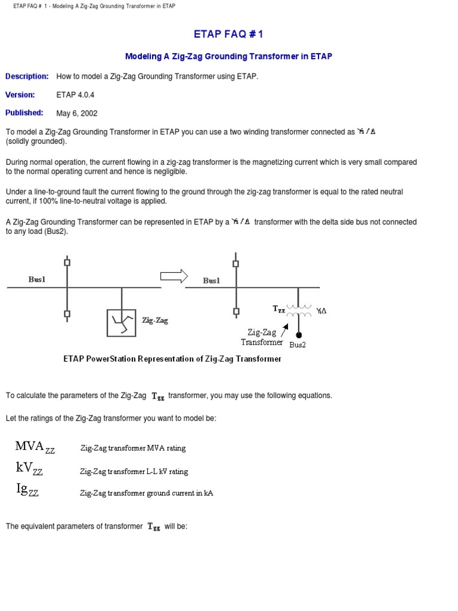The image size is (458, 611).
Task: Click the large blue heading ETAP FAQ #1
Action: (x=228, y=35)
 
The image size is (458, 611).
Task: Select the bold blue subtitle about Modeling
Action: (x=228, y=56)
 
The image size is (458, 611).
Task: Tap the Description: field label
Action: (x=27, y=76)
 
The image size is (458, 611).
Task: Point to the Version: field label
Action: (x=20, y=94)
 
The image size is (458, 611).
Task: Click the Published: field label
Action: (x=24, y=112)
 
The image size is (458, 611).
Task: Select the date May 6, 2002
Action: (x=77, y=113)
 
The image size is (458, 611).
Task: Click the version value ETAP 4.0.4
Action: (x=75, y=95)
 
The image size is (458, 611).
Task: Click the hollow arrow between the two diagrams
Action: (x=174, y=276)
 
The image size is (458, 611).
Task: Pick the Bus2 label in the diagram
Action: (x=298, y=345)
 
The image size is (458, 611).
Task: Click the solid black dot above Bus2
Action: (x=299, y=335)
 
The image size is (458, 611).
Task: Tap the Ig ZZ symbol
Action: (x=27, y=490)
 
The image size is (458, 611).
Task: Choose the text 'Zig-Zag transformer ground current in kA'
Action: (x=147, y=493)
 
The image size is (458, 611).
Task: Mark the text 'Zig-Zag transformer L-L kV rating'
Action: (x=134, y=471)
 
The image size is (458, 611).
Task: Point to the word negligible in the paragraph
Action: (x=170, y=171)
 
